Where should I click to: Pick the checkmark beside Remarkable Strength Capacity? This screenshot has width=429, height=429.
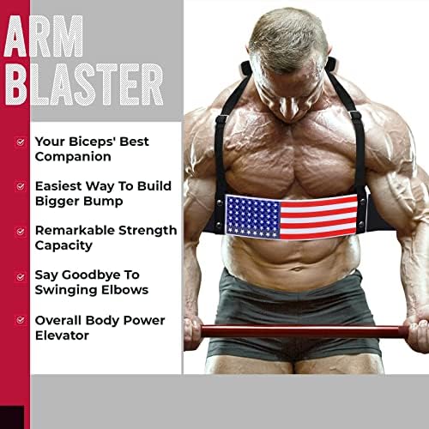tap(21, 231)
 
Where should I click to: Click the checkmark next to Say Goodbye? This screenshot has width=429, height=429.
tap(21, 276)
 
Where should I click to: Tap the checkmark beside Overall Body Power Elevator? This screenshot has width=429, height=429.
tap(21, 323)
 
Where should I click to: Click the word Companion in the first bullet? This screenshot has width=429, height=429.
tap(74, 157)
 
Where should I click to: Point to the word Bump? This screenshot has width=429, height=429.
tap(106, 202)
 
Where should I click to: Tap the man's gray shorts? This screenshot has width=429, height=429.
tap(292, 300)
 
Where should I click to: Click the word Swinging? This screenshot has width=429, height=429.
tap(67, 290)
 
